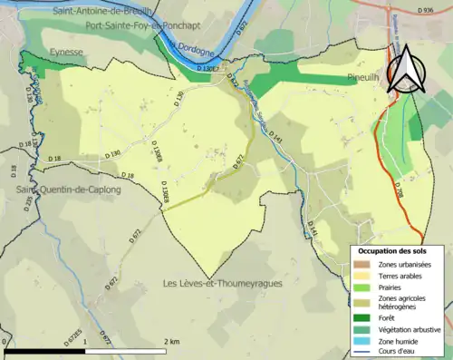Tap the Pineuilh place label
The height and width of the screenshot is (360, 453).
point(363,79)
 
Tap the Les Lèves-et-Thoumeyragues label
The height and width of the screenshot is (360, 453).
point(222,283)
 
